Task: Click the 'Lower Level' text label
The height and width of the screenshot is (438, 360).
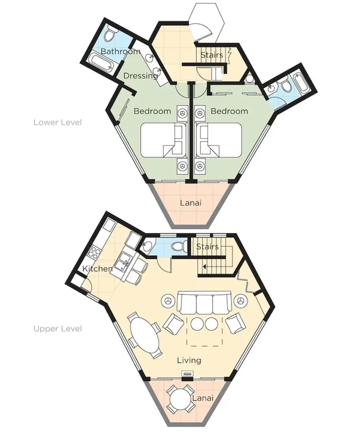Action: coord(57,122)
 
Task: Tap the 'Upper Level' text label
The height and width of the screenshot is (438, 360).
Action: coord(57,329)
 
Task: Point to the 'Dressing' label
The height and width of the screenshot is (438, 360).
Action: coord(141,75)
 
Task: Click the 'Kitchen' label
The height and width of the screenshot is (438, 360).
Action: coord(97,269)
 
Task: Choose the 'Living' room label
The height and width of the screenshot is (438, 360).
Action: coord(189,360)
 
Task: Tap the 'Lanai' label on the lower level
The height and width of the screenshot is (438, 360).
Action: coord(191,202)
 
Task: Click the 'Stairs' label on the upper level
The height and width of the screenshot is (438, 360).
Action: coord(207,247)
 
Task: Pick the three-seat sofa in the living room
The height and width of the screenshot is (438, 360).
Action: coord(204,302)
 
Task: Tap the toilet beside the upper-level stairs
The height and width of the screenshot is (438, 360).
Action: coord(180,247)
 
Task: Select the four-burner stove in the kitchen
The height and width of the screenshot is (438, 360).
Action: coord(95,252)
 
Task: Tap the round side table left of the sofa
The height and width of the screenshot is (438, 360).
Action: coord(168,301)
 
